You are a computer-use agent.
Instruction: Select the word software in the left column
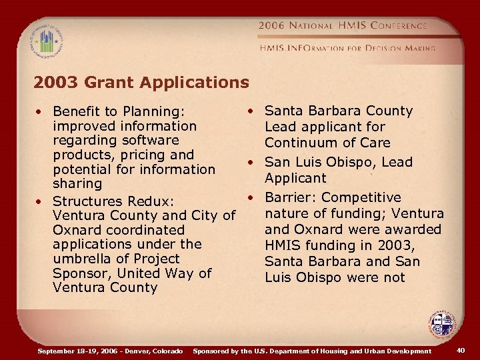(x=151, y=141)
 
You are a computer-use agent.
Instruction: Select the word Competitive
(x=361, y=197)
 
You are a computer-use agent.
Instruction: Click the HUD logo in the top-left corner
(x=46, y=40)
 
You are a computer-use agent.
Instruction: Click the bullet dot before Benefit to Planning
(x=41, y=111)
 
